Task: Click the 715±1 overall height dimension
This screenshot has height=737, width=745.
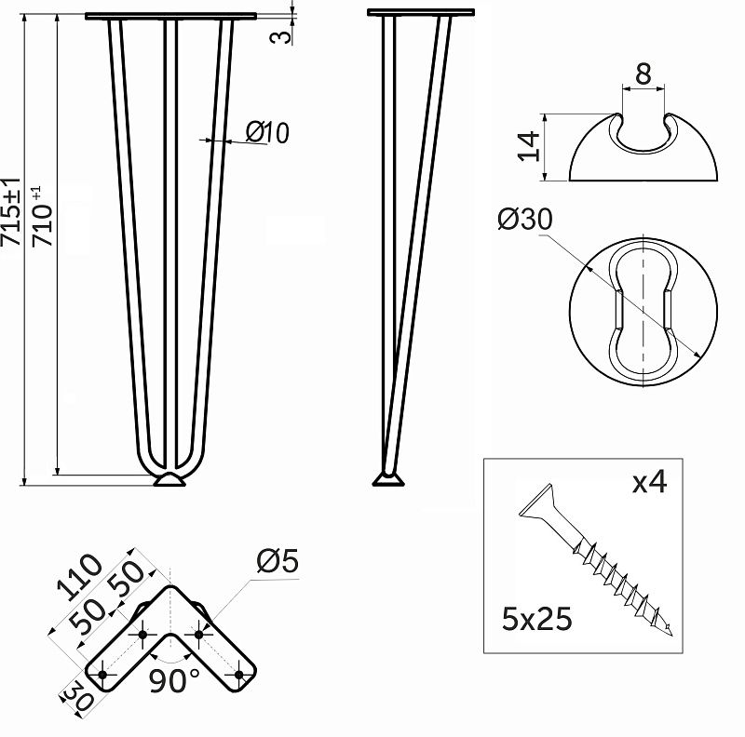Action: (11, 212)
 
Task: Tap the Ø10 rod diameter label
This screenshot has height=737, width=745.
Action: (267, 132)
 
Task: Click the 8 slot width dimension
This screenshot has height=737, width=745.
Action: (643, 74)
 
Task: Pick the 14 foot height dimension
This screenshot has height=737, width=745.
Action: (529, 146)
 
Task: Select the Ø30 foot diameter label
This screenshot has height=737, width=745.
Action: (525, 220)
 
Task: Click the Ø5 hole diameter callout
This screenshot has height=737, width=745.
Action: (278, 561)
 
